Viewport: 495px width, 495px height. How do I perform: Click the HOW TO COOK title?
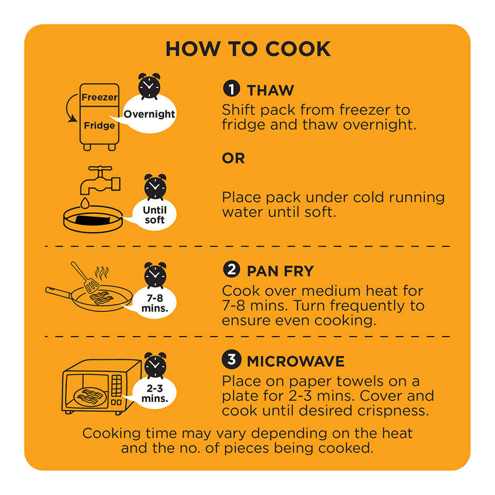coord(248,49)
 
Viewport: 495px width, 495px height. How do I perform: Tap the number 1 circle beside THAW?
coord(231,88)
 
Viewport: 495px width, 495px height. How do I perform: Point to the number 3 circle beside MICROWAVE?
coord(231,360)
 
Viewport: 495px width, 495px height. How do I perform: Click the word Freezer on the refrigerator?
coord(100,97)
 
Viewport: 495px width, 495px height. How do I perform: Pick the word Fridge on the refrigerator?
coord(100,125)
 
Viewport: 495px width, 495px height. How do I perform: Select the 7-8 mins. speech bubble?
coord(154,303)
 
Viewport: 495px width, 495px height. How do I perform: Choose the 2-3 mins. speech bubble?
coord(154,393)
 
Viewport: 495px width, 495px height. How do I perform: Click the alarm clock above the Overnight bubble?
coord(150,86)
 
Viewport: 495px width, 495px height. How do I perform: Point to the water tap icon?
coord(100,180)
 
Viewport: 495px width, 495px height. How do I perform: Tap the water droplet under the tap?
coord(85,203)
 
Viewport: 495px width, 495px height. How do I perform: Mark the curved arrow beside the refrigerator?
coord(70,107)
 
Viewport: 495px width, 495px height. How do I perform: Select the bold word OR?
coord(233,159)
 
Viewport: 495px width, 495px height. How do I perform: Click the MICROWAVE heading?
coord(295,361)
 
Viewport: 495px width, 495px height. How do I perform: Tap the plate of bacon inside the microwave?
coord(90,397)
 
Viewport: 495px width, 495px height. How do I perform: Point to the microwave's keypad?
coord(116,385)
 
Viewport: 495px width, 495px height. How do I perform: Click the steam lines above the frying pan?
coord(102,273)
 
